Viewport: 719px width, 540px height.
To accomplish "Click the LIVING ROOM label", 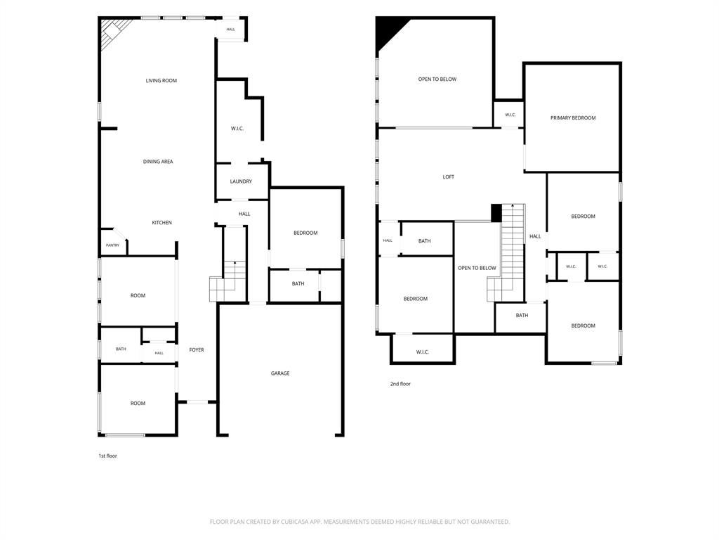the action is point(161,81).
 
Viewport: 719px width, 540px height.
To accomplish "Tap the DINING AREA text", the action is point(158,162).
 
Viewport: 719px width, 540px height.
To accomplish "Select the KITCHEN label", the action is point(162,223).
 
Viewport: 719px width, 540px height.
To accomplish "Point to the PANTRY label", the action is point(113,245).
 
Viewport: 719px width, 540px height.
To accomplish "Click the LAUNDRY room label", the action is point(242,181).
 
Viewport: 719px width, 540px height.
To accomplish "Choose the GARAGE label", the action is point(280,373).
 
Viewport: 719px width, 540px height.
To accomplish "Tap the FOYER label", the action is point(197,350).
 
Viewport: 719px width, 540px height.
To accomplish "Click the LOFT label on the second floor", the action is point(449,176).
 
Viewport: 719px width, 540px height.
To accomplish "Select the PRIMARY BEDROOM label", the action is point(573,118).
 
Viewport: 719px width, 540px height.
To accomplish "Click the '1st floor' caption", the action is point(107,456).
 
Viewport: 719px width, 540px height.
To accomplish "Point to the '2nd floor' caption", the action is point(400,384).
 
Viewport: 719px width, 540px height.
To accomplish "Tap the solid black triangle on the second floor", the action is point(389,32).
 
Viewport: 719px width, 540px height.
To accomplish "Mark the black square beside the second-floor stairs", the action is point(496,213).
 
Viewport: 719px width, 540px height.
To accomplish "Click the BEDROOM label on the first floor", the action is point(306,233).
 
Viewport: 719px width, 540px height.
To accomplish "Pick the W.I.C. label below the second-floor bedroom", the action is point(422,352).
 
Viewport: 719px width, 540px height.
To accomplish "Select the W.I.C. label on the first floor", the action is point(237,129).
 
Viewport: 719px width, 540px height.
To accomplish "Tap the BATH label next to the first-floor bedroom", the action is point(298,284).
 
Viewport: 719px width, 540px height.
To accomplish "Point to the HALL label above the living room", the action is point(230,30).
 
